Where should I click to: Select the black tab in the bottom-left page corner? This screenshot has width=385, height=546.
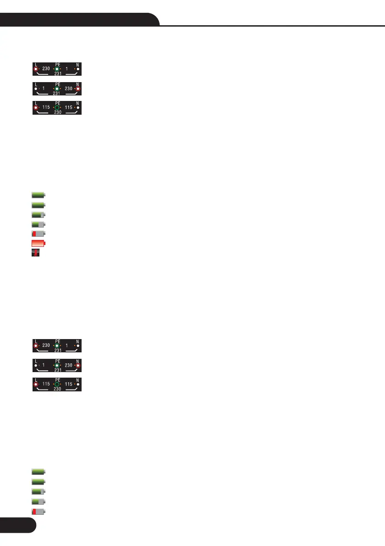pos(17,532)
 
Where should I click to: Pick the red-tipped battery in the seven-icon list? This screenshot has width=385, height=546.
pos(38,233)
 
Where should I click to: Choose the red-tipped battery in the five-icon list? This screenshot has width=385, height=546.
pos(38,511)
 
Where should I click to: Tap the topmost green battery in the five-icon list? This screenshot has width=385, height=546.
pos(38,472)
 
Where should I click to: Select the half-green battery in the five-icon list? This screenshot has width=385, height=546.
pos(38,501)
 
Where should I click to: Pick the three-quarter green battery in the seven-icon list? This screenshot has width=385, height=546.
pos(38,214)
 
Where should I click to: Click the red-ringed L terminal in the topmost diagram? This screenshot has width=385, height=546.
pos(36,69)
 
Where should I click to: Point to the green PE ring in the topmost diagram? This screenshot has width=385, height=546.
pos(57,69)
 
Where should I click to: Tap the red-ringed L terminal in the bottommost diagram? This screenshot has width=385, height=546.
pos(36,384)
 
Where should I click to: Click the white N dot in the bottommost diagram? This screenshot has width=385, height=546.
pos(78,384)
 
